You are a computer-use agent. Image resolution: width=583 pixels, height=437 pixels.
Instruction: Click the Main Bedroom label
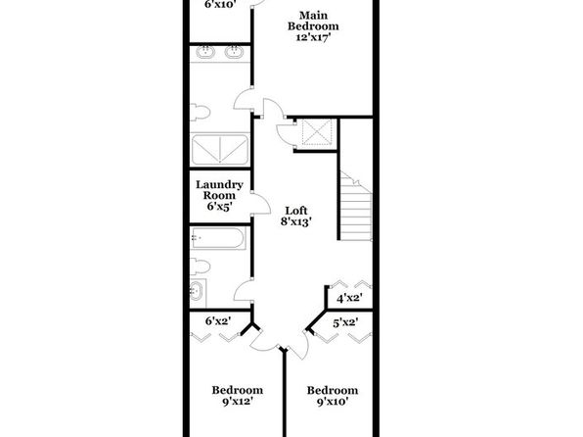(x=313, y=21)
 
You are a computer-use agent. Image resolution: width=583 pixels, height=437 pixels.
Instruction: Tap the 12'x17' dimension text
(x=313, y=37)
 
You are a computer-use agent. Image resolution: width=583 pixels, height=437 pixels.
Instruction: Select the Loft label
(x=296, y=211)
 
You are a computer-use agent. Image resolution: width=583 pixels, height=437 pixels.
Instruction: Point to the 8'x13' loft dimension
(x=295, y=221)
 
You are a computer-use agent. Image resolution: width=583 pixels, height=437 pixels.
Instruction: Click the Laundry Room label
(x=219, y=190)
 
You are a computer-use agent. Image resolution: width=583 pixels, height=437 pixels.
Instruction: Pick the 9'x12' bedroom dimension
(x=238, y=402)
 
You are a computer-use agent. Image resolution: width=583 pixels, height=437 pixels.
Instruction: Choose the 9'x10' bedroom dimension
(x=333, y=402)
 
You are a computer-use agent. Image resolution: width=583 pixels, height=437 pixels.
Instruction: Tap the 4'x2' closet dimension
(x=349, y=298)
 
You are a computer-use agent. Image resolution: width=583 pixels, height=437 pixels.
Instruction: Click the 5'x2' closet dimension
(x=345, y=322)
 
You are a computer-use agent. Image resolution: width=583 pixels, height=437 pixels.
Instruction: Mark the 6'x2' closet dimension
(x=219, y=320)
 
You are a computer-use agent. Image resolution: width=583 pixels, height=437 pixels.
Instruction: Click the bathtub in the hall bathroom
(x=218, y=238)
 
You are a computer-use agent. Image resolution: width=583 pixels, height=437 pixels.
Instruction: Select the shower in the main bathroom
(x=219, y=149)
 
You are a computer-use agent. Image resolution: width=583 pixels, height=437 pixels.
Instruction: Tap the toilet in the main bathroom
(x=200, y=112)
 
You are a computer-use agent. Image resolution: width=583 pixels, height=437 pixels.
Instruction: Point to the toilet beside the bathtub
(x=200, y=267)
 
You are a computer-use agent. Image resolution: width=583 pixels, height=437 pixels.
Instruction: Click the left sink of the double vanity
(x=205, y=52)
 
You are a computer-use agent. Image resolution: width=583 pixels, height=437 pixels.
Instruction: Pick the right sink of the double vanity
(x=234, y=52)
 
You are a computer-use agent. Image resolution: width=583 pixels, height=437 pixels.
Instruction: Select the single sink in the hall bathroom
(x=196, y=290)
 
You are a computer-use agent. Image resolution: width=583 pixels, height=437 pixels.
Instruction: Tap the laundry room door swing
(x=262, y=204)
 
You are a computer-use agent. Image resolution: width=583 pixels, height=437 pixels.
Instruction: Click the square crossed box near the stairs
(x=316, y=132)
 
